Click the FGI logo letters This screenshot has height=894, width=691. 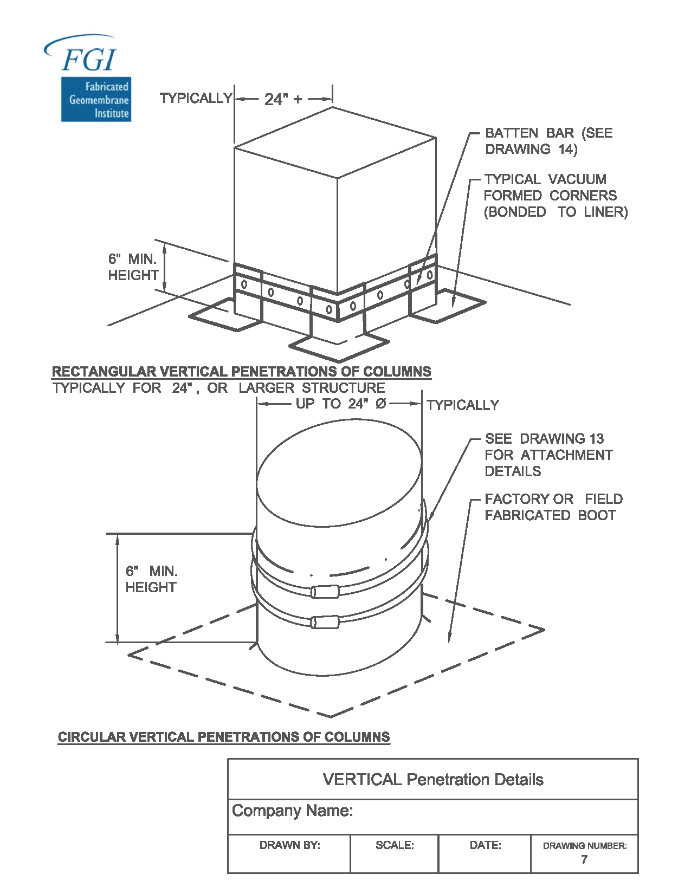pos(88,60)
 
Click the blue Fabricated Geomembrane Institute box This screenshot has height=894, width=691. pos(96,100)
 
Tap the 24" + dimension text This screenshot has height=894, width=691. pos(283,99)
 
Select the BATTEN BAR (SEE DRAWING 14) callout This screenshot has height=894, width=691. pos(548,141)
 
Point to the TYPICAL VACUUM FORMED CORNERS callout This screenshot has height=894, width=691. pos(555,196)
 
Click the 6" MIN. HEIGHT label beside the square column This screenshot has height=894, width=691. pos(133,267)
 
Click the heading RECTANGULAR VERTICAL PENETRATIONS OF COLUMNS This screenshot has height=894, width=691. pos(241,372)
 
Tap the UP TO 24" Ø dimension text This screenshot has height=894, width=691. pos(341,404)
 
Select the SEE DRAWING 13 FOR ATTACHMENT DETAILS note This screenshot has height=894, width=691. pos(548,455)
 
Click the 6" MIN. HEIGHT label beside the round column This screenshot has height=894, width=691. pos(151,579)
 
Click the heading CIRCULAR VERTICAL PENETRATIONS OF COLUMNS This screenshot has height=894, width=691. pos(224,737)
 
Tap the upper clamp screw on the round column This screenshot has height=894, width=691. pos(325,592)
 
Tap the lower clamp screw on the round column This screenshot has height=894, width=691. pos(325,622)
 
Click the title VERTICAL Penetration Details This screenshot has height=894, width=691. pos(433,780)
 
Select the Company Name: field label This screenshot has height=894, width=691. pos(293,811)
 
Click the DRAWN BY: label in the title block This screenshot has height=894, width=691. pos(290,845)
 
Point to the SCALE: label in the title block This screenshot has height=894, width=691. pos(395,845)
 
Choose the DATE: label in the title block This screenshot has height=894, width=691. pos(485,845)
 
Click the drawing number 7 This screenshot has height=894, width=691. pos(584,860)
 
